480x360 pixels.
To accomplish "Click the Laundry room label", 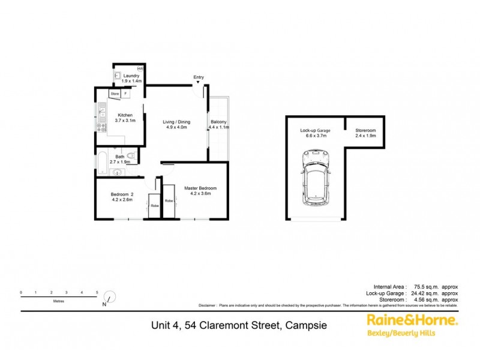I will tap(131, 76).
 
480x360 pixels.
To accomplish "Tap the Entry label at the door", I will tap(199, 77).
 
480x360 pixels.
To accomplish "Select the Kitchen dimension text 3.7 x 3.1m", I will tap(125, 121).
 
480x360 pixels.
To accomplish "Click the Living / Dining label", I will tap(177, 122).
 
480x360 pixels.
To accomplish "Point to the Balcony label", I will tap(218, 122).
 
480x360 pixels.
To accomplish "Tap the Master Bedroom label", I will tap(200, 188).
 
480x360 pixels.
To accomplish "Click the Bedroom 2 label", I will tap(122, 194).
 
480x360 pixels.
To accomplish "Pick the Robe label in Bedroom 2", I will tap(154, 206).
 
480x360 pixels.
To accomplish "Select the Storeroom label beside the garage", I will tap(365, 130).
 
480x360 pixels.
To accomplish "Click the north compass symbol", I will tap(109, 297).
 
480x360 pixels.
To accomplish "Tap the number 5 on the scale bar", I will tap(97, 292).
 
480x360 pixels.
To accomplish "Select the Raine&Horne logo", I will tap(412, 321).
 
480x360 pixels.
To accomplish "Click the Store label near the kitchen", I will tap(115, 94).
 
